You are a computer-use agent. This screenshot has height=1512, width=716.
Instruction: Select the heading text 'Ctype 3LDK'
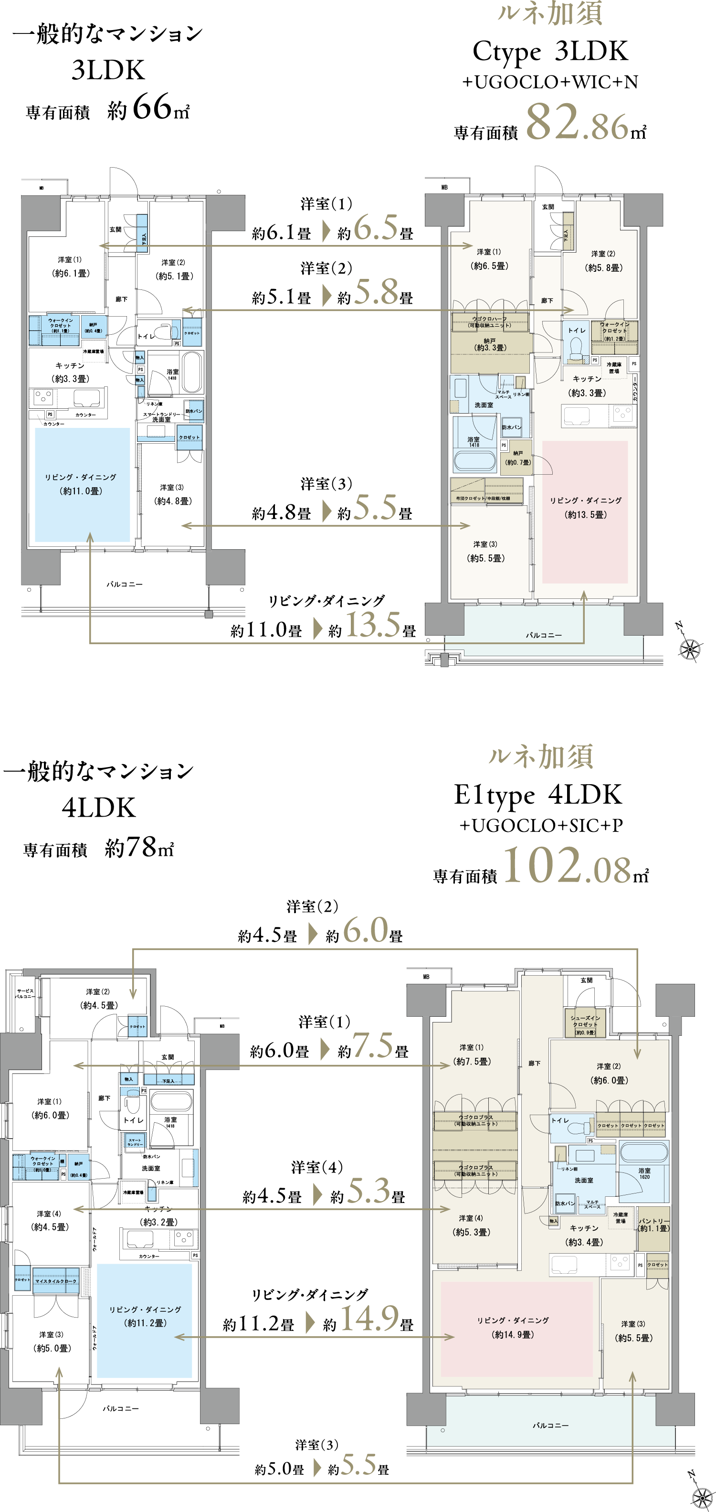tap(550, 52)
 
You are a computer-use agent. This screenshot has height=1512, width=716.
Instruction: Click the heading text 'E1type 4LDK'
tap(537, 795)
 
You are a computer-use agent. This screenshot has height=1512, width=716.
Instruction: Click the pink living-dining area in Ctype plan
tap(585, 512)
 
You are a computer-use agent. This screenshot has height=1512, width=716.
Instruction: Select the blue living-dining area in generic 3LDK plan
tap(82, 485)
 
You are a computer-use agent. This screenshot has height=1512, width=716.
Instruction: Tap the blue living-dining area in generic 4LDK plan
tap(144, 1320)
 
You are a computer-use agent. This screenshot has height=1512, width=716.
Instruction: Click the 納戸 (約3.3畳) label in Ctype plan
tap(490, 344)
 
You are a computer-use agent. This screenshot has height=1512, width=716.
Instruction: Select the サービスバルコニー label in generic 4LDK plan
tap(25, 994)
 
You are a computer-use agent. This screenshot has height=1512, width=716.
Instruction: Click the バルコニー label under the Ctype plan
tap(544, 635)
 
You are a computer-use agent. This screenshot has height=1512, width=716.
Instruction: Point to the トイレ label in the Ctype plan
tap(576, 330)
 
